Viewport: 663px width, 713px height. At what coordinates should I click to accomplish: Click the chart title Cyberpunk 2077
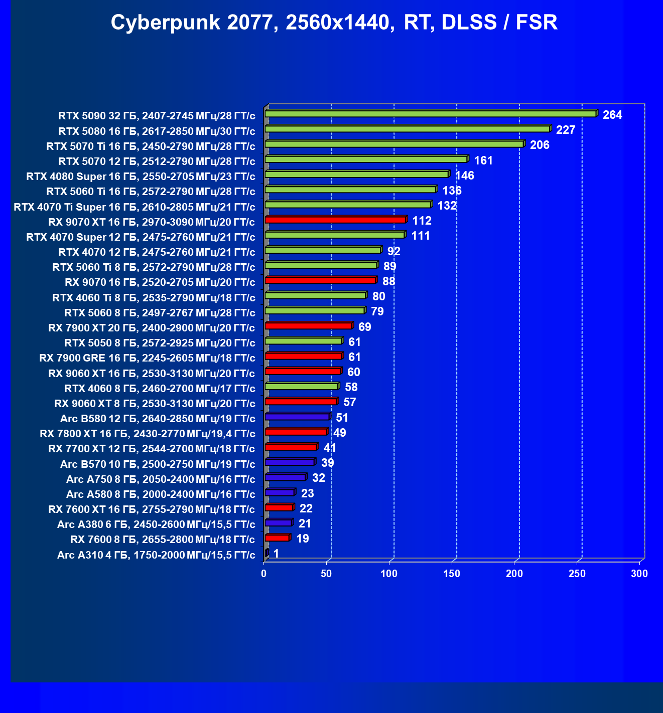(x=334, y=23)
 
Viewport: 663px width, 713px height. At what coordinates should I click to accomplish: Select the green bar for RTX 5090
(x=431, y=114)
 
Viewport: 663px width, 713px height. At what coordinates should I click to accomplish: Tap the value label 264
(x=612, y=115)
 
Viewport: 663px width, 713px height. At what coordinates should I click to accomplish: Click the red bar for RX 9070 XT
(x=335, y=220)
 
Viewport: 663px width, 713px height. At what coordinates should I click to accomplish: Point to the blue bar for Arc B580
(x=297, y=417)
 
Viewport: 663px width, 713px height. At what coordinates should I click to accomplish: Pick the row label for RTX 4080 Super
(x=141, y=176)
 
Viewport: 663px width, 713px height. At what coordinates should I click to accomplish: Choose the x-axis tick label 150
(x=452, y=574)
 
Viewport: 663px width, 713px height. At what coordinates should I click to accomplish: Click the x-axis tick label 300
(x=639, y=574)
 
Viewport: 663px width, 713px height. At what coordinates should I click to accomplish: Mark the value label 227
(x=566, y=130)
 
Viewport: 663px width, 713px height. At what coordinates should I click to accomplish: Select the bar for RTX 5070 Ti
(x=394, y=144)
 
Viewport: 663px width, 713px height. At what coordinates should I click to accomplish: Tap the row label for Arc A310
(x=156, y=555)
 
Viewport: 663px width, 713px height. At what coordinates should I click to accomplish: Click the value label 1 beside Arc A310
(x=276, y=554)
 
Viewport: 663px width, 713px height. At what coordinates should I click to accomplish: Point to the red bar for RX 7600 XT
(x=279, y=507)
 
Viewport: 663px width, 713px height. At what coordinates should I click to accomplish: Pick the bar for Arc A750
(x=285, y=477)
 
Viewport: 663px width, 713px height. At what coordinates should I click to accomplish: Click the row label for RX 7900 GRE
(x=147, y=358)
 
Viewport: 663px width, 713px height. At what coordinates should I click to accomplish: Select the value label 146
(x=465, y=175)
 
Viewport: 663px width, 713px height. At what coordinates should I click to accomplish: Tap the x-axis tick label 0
(x=264, y=574)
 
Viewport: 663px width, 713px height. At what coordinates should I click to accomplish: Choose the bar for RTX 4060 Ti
(x=315, y=295)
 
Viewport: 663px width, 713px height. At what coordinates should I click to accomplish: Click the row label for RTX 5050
(x=160, y=343)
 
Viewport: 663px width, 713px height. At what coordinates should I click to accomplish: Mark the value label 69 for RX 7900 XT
(x=365, y=327)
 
